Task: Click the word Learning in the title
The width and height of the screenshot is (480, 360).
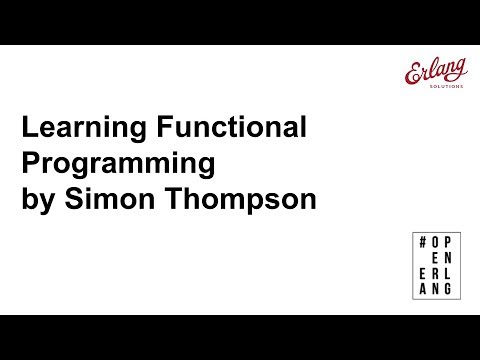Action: [78, 129]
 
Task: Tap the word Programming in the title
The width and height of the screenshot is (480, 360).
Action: [119, 163]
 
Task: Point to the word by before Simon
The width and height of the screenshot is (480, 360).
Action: [39, 198]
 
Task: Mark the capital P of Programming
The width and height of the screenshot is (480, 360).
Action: [31, 163]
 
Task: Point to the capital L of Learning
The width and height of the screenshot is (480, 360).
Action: [30, 129]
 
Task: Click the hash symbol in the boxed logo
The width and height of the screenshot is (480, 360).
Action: [424, 244]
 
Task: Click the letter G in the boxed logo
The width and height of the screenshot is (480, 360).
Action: [448, 289]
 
